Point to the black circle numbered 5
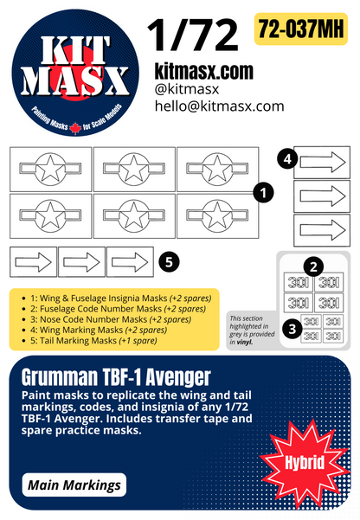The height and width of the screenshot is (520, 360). pos(171,260)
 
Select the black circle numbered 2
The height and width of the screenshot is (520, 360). pos(314,267)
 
